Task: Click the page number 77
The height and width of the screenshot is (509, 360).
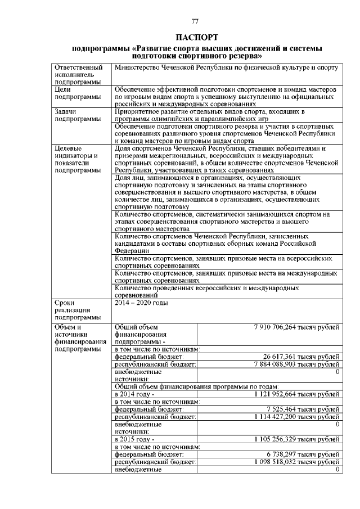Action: pyautogui.click(x=195, y=21)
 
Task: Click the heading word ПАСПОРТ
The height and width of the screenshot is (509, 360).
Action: pyautogui.click(x=195, y=37)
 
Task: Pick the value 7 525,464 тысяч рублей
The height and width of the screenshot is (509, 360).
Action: pyautogui.click(x=303, y=409)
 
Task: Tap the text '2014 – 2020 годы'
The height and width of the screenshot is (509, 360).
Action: pyautogui.click(x=141, y=303)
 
